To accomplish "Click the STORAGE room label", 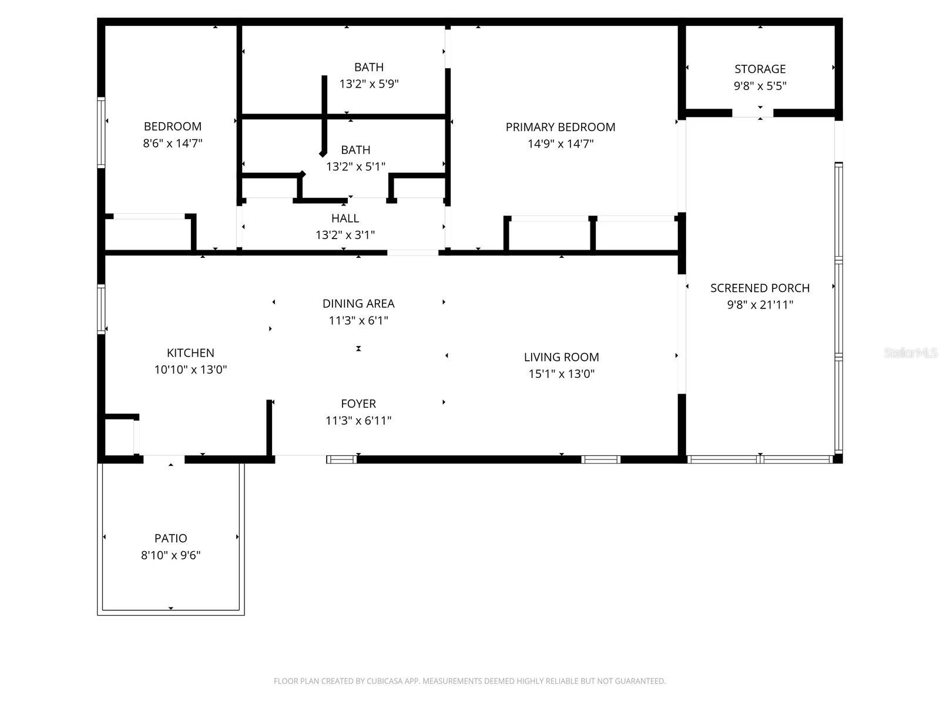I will tap(760, 69).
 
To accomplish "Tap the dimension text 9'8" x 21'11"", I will tap(760, 305).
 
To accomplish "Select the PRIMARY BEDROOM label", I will tap(560, 127).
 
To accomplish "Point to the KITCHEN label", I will tap(190, 353).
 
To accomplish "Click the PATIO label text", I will tap(170, 538).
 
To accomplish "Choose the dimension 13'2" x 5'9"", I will tap(368, 84).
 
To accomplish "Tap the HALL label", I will tap(345, 219).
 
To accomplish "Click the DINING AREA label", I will tap(358, 304).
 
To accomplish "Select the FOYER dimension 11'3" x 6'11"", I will tap(358, 421).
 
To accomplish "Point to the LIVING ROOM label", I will tap(561, 357).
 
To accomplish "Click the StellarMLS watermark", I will tap(911, 353).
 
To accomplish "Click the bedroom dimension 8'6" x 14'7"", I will tap(172, 143).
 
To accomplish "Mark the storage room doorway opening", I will tap(752, 113).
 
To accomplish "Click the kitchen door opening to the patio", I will tap(164, 459).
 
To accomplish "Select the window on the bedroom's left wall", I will tap(101, 132).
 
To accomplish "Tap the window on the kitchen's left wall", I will tap(101, 309).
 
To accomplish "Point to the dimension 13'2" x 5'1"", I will tap(355, 167).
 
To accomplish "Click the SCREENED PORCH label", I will tap(760, 288).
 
